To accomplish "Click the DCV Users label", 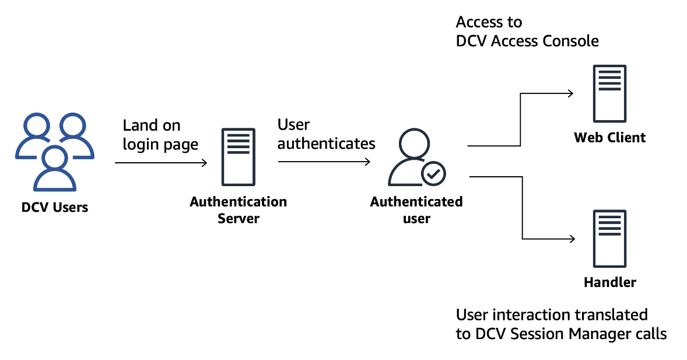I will [x=54, y=207].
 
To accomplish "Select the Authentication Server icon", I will [x=238, y=156].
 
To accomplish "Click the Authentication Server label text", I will [x=238, y=210].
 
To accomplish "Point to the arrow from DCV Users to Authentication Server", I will [x=161, y=163].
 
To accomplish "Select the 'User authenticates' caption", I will [x=326, y=134].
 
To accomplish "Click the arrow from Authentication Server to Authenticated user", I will [x=324, y=162].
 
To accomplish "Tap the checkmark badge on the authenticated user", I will [x=433, y=173].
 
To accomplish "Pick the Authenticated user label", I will [x=416, y=210].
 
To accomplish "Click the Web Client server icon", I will [x=609, y=93].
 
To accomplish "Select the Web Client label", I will [x=609, y=138].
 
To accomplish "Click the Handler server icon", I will [x=609, y=238].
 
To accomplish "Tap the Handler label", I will [x=609, y=282].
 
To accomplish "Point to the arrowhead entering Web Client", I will [x=572, y=93].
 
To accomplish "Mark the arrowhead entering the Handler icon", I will [x=572, y=239].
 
